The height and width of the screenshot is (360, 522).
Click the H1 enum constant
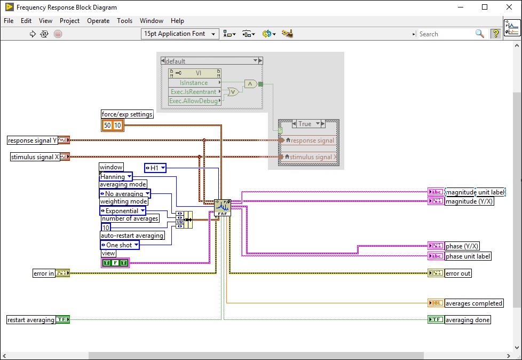155,168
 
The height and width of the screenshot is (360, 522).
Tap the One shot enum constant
120,245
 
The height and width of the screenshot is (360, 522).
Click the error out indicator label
458,273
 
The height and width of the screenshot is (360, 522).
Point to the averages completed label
473,303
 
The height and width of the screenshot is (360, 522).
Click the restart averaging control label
31,320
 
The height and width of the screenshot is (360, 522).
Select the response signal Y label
32,140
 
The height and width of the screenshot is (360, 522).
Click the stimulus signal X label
35,157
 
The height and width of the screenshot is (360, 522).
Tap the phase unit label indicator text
468,256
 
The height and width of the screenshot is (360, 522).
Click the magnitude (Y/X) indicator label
469,201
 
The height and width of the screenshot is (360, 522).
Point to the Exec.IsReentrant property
194,92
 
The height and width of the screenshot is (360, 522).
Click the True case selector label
305,124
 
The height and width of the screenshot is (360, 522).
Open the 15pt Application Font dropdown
180,34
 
